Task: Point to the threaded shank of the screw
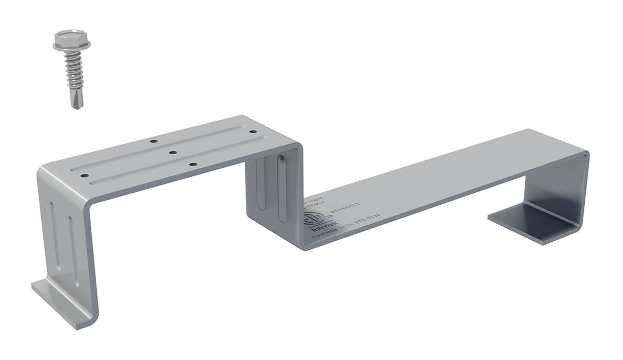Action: (x=73, y=71)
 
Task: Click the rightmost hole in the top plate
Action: (x=253, y=132)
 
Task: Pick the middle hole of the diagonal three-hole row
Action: (x=172, y=153)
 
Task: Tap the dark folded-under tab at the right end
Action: (x=527, y=222)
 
